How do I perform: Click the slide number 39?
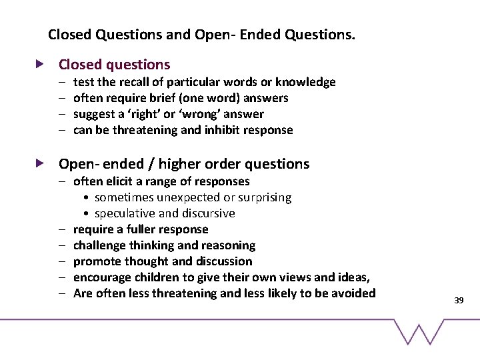[x=459, y=301]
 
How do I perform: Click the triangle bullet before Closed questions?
[x=40, y=65]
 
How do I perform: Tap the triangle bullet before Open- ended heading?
[x=40, y=163]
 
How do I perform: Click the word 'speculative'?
[x=125, y=213]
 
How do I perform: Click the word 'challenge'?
[x=99, y=245]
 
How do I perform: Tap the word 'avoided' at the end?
[x=354, y=293]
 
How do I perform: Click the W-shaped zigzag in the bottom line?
[x=419, y=331]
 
